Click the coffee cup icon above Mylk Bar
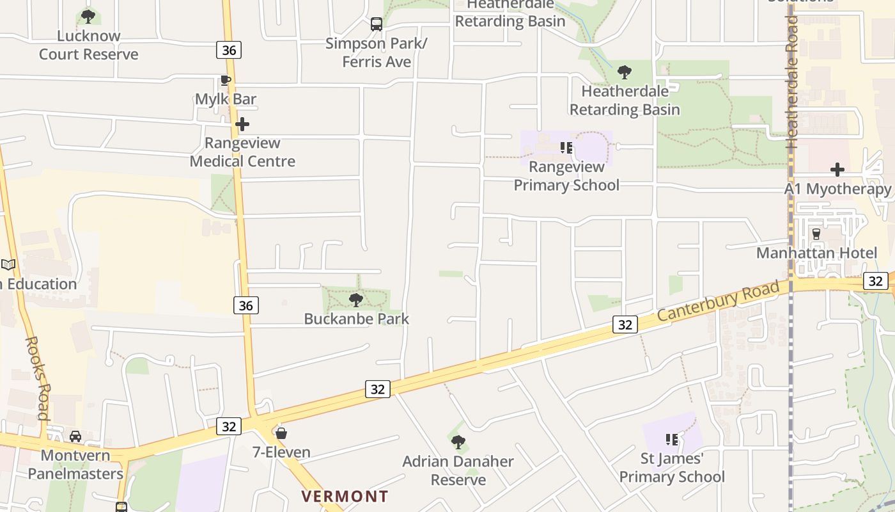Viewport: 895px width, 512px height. click(225, 80)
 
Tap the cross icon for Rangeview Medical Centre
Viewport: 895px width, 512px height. click(242, 124)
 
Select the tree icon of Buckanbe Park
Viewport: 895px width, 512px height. click(356, 300)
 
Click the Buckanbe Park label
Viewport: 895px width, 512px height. click(356, 319)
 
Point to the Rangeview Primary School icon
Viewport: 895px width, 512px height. click(566, 148)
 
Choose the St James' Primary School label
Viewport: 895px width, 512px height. click(672, 468)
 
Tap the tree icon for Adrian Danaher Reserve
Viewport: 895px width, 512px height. click(458, 442)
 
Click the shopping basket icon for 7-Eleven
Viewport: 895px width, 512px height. click(281, 433)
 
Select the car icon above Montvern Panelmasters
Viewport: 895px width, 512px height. click(75, 436)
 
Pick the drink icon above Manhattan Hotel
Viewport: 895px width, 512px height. click(816, 234)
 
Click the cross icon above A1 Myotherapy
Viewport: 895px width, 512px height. click(837, 170)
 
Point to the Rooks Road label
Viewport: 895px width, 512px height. click(37, 378)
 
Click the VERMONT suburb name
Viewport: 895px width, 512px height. click(345, 496)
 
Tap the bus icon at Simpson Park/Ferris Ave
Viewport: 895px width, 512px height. click(377, 24)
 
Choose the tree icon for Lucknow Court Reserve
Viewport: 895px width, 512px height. click(88, 16)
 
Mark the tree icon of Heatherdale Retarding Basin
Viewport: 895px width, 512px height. click(625, 72)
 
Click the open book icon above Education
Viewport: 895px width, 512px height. click(8, 264)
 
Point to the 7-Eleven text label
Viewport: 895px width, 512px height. click(281, 452)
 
